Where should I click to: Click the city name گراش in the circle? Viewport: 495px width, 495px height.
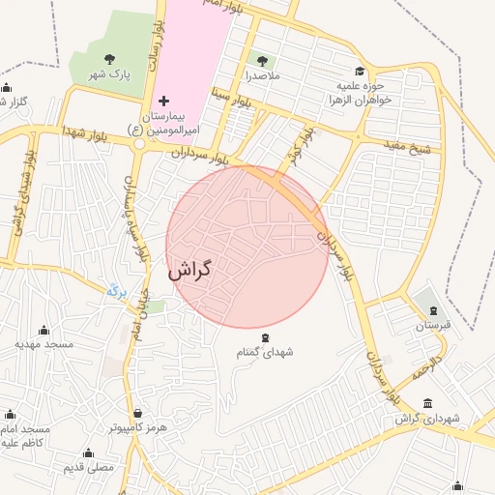(x=189, y=272)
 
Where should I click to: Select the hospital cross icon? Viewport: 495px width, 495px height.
(x=163, y=101)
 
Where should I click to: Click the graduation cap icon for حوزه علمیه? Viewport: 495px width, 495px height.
(x=360, y=71)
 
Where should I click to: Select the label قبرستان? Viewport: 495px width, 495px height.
(x=433, y=326)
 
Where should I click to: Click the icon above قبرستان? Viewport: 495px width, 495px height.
(x=433, y=310)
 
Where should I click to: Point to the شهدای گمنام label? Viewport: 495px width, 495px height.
(x=265, y=353)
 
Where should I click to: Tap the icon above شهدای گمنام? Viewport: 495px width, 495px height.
(x=265, y=337)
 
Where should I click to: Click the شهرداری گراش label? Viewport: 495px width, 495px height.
(x=429, y=419)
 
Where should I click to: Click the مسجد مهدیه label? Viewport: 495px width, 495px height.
(x=44, y=344)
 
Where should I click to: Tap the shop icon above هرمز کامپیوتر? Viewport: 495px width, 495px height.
(x=137, y=413)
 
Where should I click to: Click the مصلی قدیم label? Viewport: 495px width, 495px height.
(x=89, y=467)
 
